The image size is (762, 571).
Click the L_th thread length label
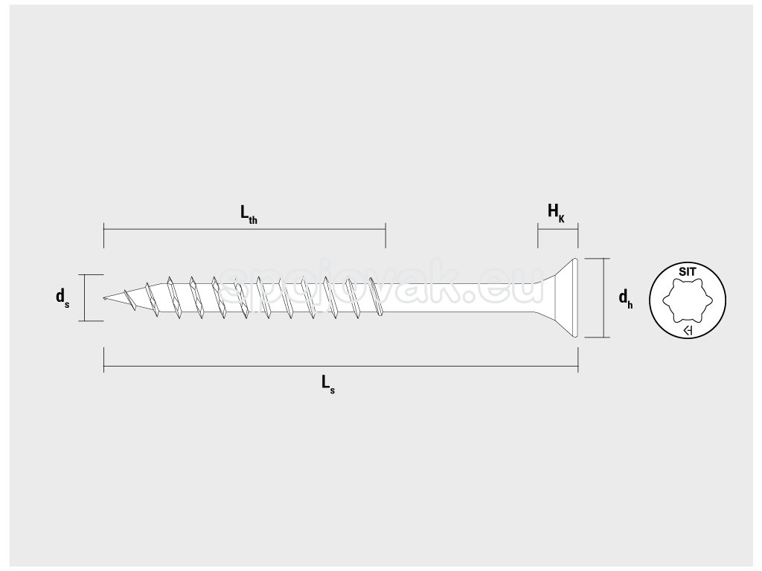pyautogui.click(x=248, y=214)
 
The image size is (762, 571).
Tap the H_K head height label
pyautogui.click(x=556, y=213)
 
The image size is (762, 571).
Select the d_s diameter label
pyautogui.click(x=63, y=297)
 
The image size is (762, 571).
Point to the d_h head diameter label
pyautogui.click(x=626, y=298)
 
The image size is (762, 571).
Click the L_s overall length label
pyautogui.click(x=328, y=384)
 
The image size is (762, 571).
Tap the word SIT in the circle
pyautogui.click(x=687, y=272)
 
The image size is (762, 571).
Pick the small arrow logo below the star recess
pyautogui.click(x=688, y=331)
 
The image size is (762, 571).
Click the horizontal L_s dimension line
pyautogui.click(x=341, y=367)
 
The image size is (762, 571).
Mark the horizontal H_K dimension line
pyautogui.click(x=557, y=230)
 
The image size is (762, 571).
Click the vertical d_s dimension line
pyautogui.click(x=83, y=297)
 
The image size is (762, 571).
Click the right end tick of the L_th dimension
pyautogui.click(x=385, y=235)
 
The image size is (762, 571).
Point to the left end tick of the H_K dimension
pyautogui.click(x=537, y=236)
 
